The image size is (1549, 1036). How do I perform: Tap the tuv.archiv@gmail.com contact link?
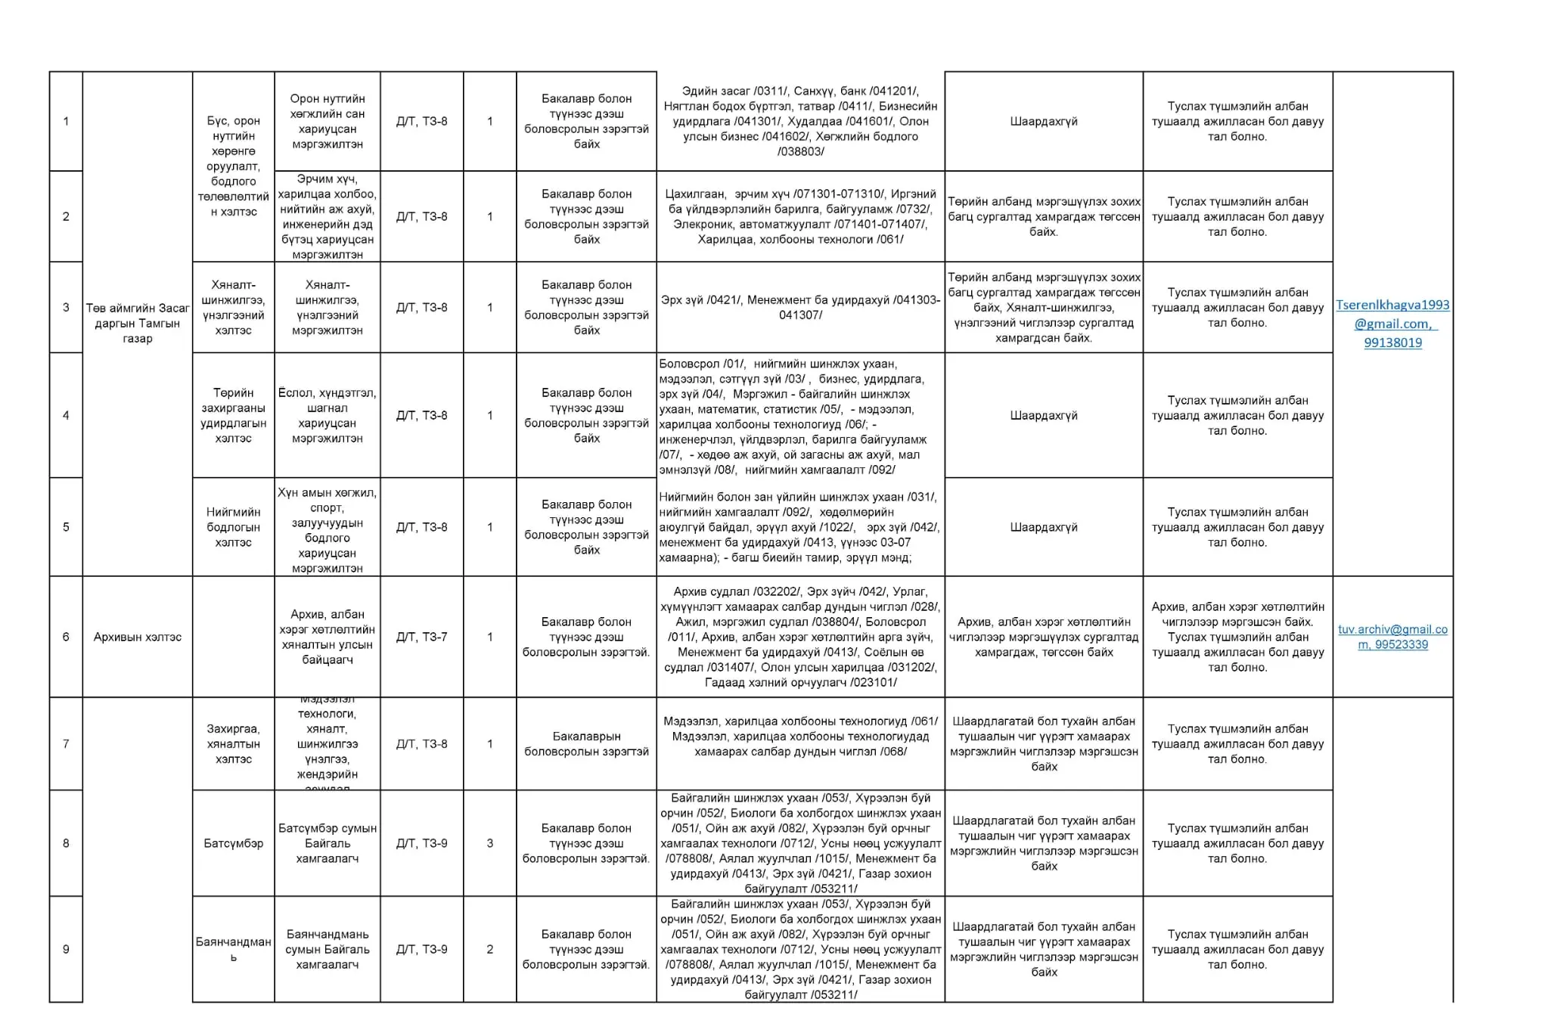(x=1392, y=636)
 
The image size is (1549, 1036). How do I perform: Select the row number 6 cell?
(x=66, y=637)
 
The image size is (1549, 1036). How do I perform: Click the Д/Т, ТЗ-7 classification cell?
(x=421, y=637)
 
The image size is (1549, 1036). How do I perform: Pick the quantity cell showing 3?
(x=489, y=843)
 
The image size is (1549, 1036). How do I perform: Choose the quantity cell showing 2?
(x=489, y=949)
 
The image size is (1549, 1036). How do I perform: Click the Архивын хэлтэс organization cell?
(x=137, y=637)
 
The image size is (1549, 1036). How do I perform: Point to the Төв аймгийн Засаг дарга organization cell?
(x=137, y=323)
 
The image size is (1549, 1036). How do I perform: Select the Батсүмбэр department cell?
(x=233, y=843)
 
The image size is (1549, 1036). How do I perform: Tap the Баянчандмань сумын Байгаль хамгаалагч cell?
(x=327, y=949)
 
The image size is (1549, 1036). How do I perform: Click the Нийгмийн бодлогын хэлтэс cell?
(x=233, y=527)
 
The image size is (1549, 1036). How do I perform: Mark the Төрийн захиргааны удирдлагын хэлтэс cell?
(x=233, y=415)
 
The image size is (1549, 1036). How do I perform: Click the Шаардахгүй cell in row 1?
(x=1043, y=121)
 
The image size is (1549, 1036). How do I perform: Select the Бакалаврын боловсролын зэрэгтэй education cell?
(x=586, y=743)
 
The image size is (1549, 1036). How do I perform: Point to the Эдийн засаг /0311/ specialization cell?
(x=800, y=121)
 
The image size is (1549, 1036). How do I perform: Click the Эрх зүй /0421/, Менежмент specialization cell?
(x=800, y=307)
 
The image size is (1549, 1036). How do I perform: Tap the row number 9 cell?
(x=66, y=949)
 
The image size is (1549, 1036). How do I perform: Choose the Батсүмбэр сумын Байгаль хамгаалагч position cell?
(x=327, y=843)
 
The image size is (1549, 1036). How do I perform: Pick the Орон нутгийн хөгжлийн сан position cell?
(x=327, y=121)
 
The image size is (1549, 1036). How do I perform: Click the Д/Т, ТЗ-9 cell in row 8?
(x=421, y=843)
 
